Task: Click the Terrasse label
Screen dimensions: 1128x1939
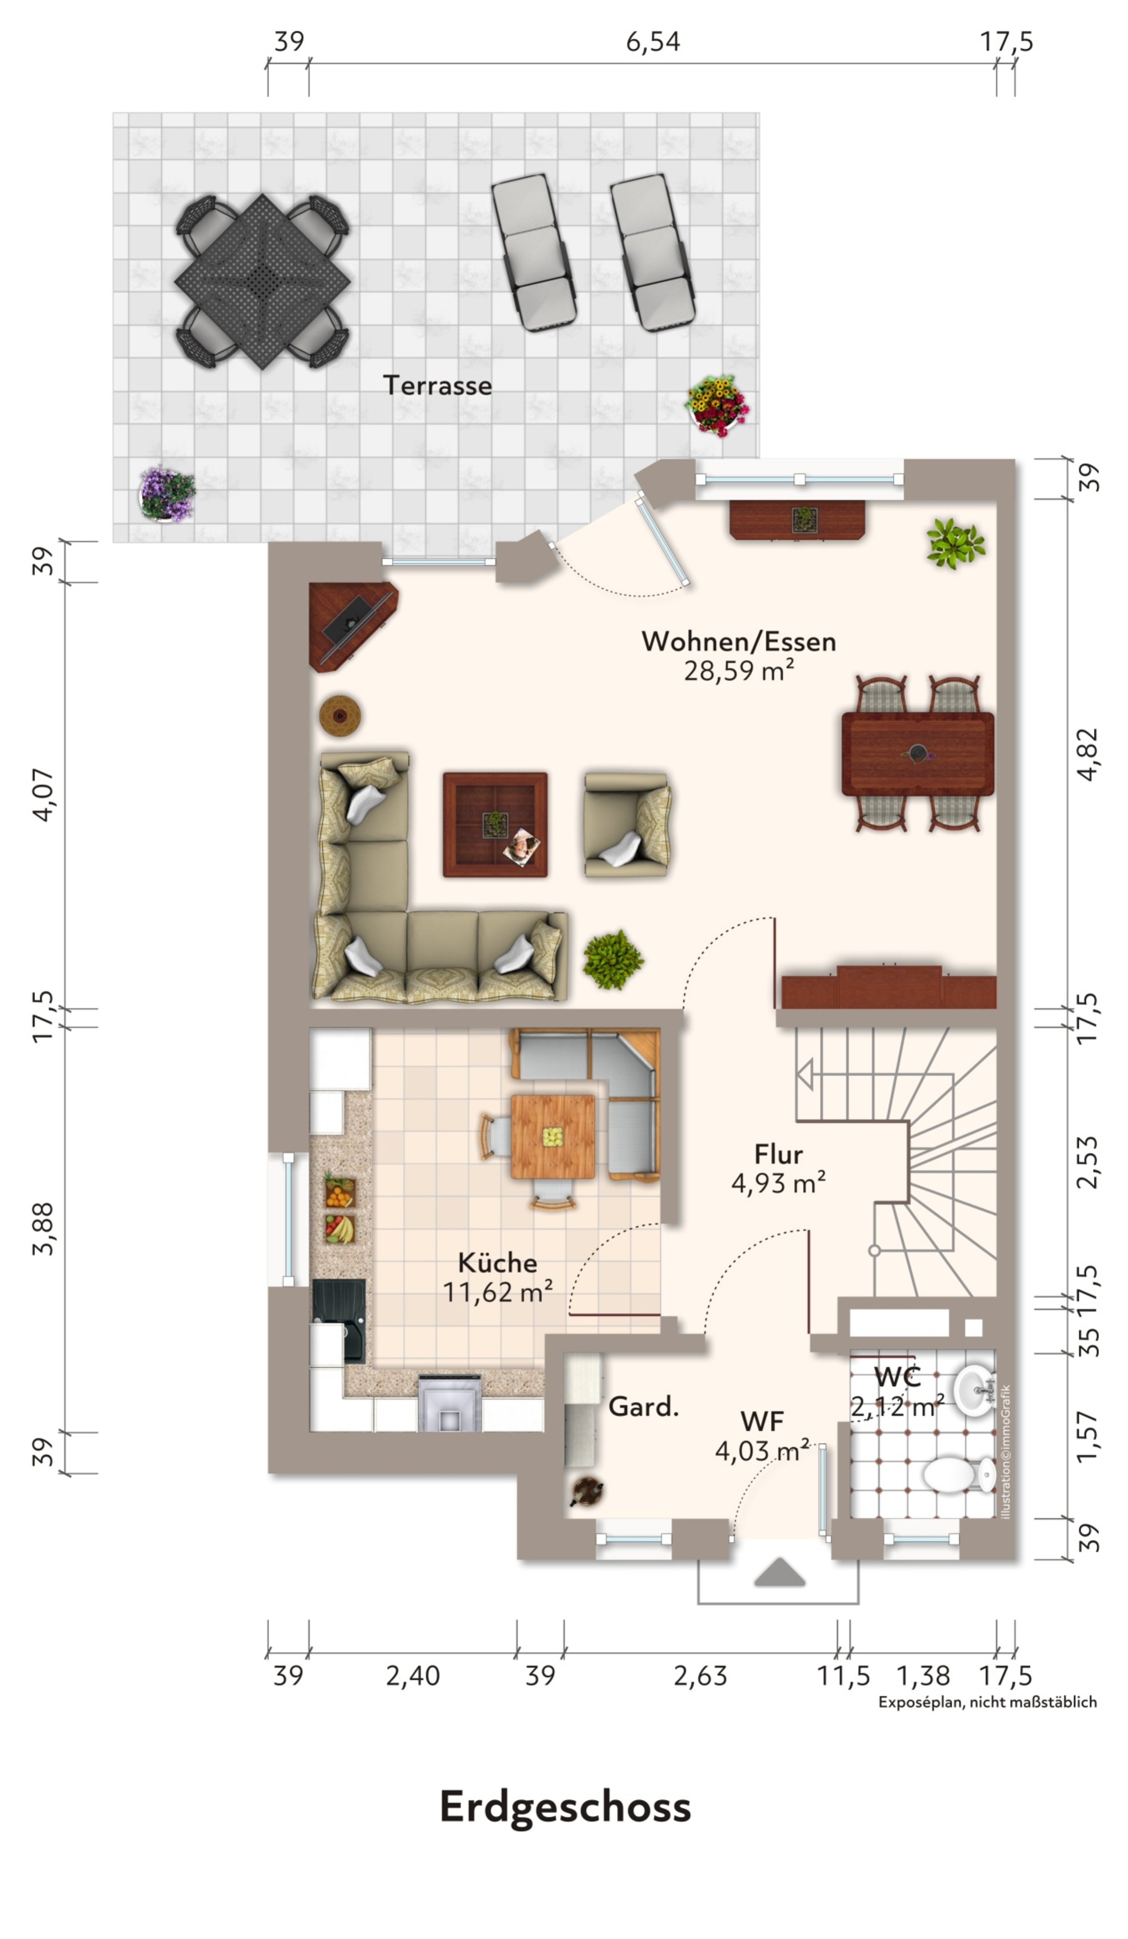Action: [x=437, y=385]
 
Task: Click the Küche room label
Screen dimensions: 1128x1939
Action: [x=497, y=1262]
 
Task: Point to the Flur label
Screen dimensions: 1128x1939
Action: [x=779, y=1154]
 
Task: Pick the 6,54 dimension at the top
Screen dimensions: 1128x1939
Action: [x=653, y=41]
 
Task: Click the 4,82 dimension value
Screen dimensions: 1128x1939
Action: [x=1088, y=753]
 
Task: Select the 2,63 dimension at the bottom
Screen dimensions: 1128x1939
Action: [x=700, y=1676]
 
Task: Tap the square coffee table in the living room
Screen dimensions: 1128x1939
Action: [x=495, y=825]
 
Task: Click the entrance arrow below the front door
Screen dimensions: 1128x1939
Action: [x=780, y=1572]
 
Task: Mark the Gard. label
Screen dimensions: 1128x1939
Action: [x=643, y=1407]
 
